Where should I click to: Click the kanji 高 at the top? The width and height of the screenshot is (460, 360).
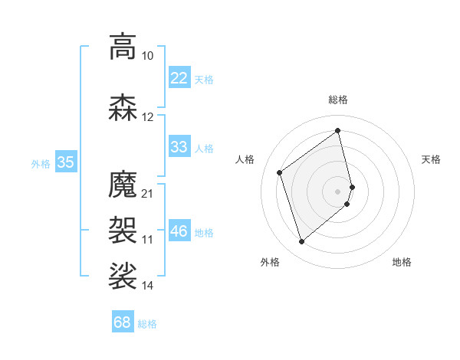pos(123,47)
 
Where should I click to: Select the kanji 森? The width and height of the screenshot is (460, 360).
pos(123,108)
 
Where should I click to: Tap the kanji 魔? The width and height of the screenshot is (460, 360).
pos(123,185)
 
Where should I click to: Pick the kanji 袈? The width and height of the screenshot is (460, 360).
pos(123,227)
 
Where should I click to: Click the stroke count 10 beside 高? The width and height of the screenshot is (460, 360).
pos(148,56)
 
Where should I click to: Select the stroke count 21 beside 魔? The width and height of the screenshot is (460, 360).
pos(148,193)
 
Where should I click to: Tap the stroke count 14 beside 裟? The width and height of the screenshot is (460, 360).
pos(148,286)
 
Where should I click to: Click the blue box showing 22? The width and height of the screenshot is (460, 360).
pos(179,78)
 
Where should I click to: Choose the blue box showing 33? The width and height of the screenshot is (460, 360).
pos(179,147)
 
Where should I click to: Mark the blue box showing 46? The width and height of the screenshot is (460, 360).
pos(179,231)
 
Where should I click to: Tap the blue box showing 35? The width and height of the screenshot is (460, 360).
pos(66,162)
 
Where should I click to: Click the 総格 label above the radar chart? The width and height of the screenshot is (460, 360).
pos(338,100)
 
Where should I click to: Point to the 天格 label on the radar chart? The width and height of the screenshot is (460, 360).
pos(432,159)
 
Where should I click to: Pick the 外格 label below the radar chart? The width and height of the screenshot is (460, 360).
pos(270,262)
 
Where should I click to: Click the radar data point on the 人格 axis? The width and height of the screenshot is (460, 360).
pos(280,173)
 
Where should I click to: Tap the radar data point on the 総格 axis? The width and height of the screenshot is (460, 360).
pos(338,131)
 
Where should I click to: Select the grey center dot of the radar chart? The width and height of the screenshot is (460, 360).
pos(338,191)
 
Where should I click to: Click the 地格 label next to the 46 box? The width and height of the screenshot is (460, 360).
pos(205,232)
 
